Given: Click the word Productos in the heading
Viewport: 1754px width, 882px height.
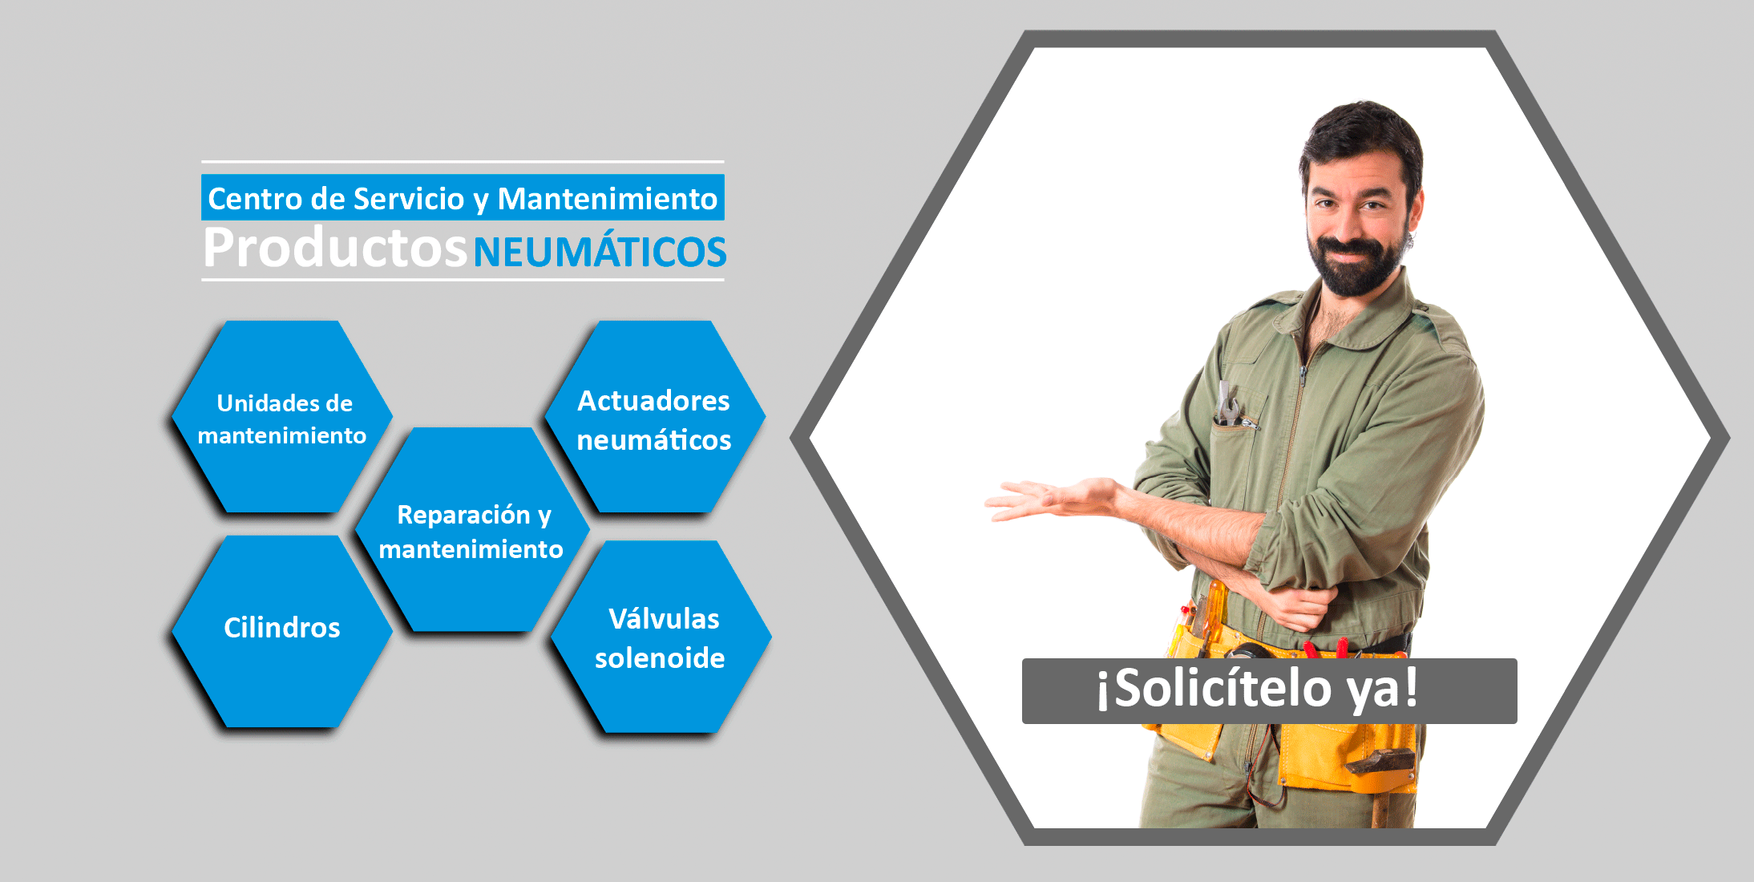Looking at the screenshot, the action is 335,248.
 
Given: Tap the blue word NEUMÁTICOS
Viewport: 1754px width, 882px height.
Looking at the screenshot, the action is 600,251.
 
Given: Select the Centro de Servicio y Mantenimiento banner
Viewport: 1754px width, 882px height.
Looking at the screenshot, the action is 463,197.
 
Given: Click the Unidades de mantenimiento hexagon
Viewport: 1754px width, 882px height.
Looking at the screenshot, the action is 282,417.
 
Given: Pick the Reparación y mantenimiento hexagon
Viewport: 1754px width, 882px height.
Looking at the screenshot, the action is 472,530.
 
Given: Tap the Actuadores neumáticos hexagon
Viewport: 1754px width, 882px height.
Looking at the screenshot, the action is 655,417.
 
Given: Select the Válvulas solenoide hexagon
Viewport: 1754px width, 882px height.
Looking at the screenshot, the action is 661,637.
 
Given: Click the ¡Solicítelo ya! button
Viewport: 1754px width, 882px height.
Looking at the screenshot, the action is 1269,691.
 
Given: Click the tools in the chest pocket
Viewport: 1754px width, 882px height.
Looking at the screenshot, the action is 1231,406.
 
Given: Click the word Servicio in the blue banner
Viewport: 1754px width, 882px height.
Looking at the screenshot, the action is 409,198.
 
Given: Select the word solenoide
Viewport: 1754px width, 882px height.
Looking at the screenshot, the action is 660,657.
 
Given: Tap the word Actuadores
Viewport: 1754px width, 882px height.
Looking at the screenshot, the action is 654,400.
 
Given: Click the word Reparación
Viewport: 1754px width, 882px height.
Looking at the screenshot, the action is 463,514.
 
